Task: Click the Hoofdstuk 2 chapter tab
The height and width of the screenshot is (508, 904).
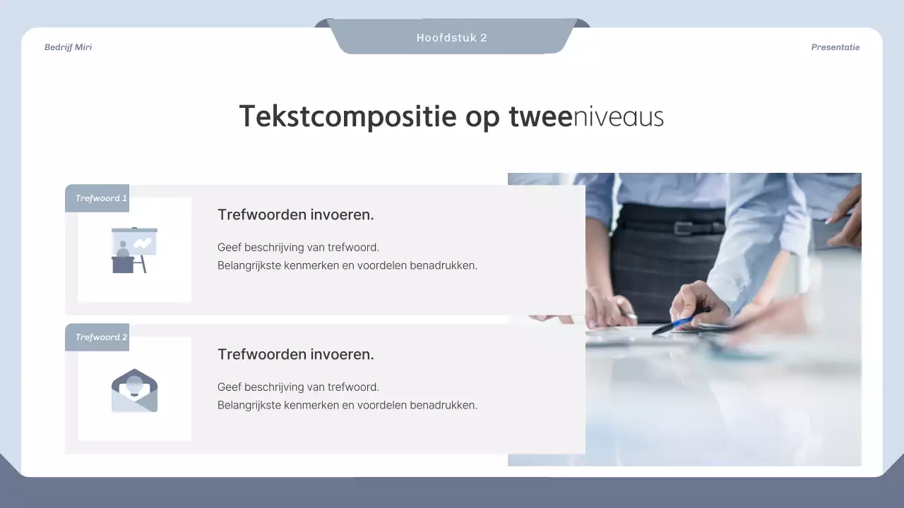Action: click(x=451, y=38)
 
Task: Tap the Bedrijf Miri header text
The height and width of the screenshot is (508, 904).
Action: click(x=68, y=47)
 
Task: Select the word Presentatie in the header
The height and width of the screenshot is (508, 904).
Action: click(x=835, y=47)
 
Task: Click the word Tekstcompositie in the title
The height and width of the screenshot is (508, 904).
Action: click(x=347, y=117)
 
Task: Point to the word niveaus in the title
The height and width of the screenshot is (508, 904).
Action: click(x=618, y=117)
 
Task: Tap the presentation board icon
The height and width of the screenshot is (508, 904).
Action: click(x=134, y=250)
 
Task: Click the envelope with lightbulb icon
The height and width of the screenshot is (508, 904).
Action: click(x=134, y=390)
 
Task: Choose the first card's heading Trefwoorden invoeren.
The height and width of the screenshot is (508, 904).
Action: click(x=295, y=215)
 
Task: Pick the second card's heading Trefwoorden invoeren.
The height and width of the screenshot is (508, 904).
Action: click(x=295, y=355)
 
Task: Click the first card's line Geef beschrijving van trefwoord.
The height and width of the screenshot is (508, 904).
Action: click(x=298, y=248)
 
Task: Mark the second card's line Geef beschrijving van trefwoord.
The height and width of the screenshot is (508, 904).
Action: click(x=298, y=387)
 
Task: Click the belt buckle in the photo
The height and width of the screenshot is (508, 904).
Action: click(x=683, y=228)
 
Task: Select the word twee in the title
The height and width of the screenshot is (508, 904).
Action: click(x=540, y=117)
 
